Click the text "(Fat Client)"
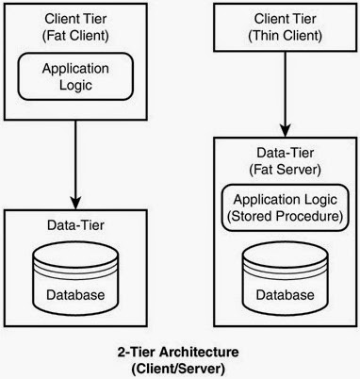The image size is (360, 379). click(x=75, y=35)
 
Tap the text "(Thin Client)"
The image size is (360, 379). click(x=285, y=35)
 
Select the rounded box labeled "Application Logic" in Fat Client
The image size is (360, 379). click(x=75, y=76)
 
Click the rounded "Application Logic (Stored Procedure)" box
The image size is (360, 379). click(x=285, y=207)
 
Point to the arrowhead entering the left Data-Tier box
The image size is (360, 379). click(x=75, y=203)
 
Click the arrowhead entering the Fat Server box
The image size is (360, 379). click(x=286, y=131)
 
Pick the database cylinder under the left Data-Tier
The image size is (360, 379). click(x=75, y=276)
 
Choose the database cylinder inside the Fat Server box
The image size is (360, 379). click(x=286, y=276)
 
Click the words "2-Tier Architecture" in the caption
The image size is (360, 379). click(x=178, y=352)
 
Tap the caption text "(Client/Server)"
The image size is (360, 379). click(x=178, y=369)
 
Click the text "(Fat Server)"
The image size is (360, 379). click(x=285, y=170)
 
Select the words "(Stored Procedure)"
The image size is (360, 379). click(x=285, y=216)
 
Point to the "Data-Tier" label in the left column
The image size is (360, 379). click(x=75, y=225)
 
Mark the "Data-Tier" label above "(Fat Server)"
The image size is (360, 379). click(x=286, y=153)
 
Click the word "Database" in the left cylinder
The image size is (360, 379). click(x=75, y=295)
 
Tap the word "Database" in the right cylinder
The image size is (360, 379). click(x=286, y=295)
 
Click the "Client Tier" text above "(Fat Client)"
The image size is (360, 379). click(x=75, y=19)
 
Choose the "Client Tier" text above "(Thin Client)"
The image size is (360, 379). click(x=286, y=19)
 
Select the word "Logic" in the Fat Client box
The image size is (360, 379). click(x=75, y=86)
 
